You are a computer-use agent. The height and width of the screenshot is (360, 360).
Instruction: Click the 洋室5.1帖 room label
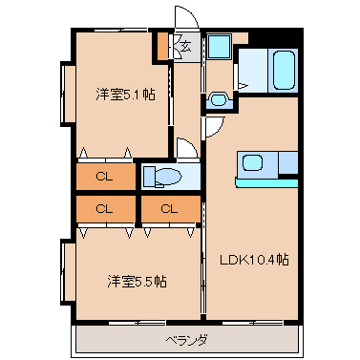(x=125, y=95)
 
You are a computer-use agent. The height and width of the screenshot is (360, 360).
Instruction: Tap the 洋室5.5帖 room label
(x=137, y=282)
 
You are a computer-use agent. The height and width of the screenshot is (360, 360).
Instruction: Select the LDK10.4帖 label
(x=254, y=260)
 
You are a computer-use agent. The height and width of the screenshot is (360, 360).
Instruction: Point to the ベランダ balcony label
(x=186, y=341)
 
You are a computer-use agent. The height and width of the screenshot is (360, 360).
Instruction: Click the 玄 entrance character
(x=186, y=47)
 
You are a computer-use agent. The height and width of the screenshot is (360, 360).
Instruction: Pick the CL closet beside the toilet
(x=104, y=177)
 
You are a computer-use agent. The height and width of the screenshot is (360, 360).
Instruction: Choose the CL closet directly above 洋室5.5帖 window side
(x=104, y=209)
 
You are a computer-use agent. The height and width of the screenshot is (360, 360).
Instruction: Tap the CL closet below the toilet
(x=169, y=209)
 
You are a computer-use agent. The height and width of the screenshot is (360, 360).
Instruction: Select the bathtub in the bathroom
(x=284, y=70)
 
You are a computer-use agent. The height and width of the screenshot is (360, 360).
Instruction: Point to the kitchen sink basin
(x=253, y=162)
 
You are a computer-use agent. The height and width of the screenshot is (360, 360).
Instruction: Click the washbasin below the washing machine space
(x=219, y=99)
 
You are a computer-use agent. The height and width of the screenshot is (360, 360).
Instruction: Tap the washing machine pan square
(x=219, y=47)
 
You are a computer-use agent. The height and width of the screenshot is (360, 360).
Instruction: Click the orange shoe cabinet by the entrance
(x=162, y=47)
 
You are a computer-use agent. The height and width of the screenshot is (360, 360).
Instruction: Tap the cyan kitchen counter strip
(x=266, y=183)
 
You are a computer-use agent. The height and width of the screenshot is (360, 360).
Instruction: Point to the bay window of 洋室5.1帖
(x=68, y=94)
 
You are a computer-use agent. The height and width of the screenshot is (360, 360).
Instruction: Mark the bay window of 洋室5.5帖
(x=68, y=272)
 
